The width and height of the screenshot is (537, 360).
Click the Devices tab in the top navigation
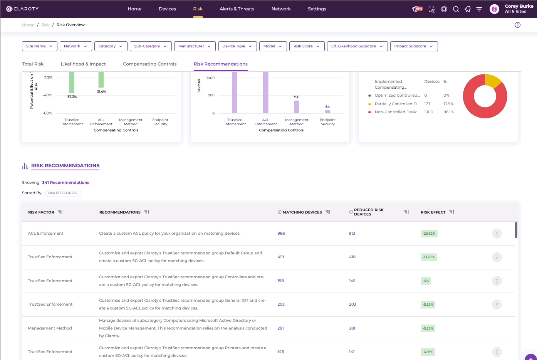[x=167, y=9]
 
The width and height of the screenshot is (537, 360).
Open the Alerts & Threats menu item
[x=237, y=9]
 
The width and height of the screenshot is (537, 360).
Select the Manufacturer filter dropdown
[x=195, y=46]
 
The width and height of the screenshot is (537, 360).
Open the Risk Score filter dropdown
[x=307, y=46]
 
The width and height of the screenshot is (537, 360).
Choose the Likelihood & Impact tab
[x=83, y=64]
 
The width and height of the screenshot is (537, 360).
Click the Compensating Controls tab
[x=149, y=64]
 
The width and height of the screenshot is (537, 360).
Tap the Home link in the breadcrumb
[x=28, y=25]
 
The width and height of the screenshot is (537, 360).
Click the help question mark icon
[x=517, y=25]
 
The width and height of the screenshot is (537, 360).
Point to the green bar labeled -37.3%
[x=71, y=82]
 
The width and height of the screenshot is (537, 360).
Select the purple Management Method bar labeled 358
[x=297, y=107]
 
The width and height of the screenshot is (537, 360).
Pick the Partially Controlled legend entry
[x=397, y=104]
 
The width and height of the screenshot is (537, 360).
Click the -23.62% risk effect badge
[x=429, y=234]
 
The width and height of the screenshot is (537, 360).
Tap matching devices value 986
[x=281, y=233]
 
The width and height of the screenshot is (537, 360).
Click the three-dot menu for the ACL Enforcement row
[x=497, y=234]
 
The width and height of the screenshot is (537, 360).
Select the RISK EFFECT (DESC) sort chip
[x=63, y=193]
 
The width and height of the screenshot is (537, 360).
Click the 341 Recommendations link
[x=65, y=183]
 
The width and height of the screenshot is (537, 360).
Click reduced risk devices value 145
[x=352, y=281]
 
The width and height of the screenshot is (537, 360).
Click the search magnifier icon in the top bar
[x=456, y=9]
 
